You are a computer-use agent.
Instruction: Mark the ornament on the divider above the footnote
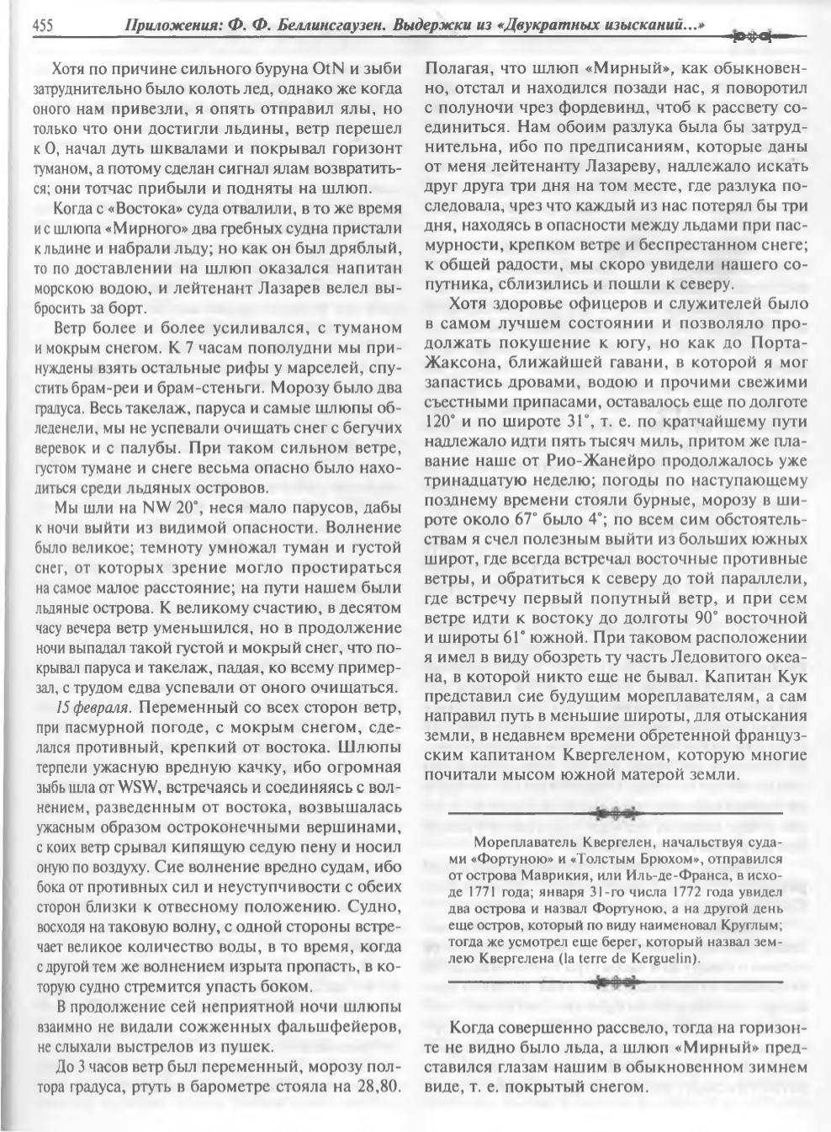(619, 814)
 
